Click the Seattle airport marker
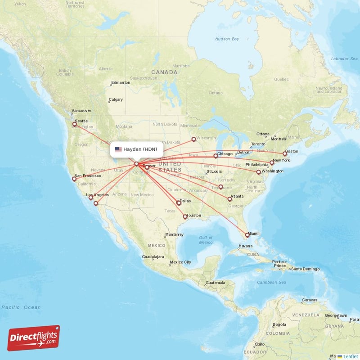(75, 124)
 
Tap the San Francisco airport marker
(74, 179)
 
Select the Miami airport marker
(247, 235)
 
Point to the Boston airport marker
(285, 154)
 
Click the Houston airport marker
(185, 217)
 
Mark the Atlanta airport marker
(230, 199)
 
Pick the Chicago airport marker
(216, 156)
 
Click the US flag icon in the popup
(118, 149)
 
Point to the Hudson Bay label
(227, 39)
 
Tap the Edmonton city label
(121, 82)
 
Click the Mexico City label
(180, 262)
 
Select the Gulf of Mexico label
(206, 240)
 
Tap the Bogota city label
(279, 324)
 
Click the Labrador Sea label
(343, 58)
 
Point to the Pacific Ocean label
(21, 307)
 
